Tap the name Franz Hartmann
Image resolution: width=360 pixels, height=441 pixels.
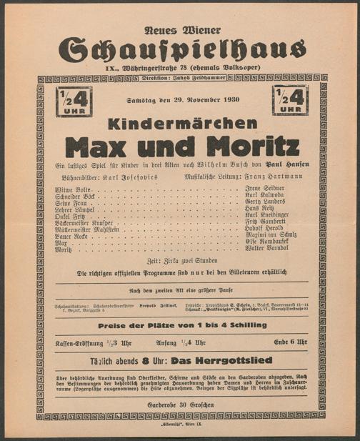pos(274,174)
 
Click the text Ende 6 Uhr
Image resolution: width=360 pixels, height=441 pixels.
pos(290,342)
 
